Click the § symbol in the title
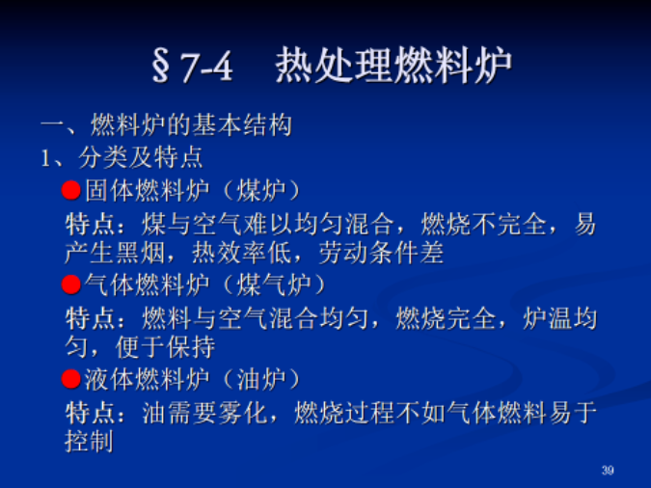click(161, 66)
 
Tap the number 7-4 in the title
click(206, 67)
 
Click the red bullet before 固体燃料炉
click(71, 191)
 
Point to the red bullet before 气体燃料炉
click(71, 285)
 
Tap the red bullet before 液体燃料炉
click(71, 379)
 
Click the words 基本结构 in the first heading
click(242, 125)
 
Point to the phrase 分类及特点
click(141, 158)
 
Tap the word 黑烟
click(141, 253)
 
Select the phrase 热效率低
click(242, 253)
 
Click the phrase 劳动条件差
click(382, 253)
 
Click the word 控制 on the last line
click(89, 441)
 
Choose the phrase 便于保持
click(165, 347)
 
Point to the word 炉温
click(547, 318)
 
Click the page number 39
click(608, 470)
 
